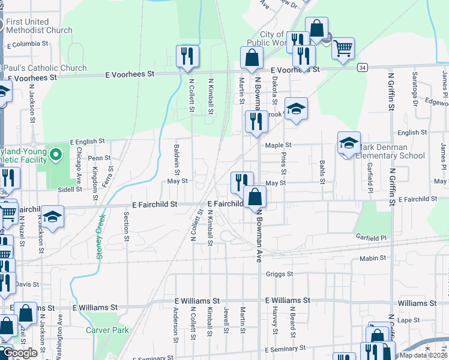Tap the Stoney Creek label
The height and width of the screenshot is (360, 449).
(x=101, y=236)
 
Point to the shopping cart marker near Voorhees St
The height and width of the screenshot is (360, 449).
(x=343, y=48)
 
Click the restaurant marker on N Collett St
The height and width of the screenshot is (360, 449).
(x=187, y=56)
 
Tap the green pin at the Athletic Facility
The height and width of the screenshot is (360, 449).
(x=56, y=155)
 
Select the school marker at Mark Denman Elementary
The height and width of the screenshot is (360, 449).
(x=349, y=143)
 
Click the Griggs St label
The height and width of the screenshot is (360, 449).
(x=279, y=274)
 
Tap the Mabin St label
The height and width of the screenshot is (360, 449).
(x=373, y=258)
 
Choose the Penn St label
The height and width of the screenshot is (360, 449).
(x=100, y=158)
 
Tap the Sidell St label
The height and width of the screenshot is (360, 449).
(x=70, y=189)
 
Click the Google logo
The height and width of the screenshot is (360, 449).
(x=20, y=353)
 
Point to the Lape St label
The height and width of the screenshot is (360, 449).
(x=408, y=320)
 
